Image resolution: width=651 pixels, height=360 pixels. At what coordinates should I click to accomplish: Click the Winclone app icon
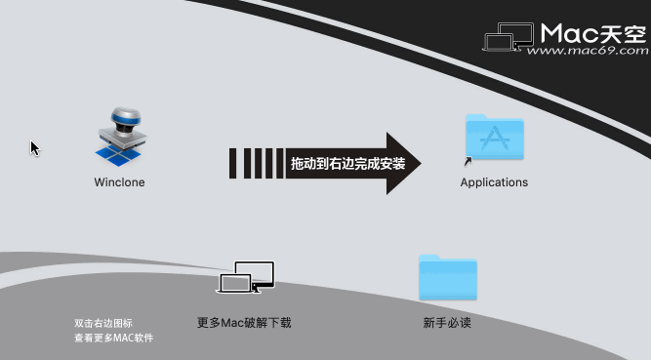(119, 138)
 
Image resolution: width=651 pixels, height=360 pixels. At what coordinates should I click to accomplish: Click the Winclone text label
(119, 182)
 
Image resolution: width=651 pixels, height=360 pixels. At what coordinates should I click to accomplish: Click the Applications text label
(494, 182)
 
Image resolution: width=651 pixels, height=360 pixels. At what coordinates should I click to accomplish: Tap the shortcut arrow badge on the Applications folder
(468, 162)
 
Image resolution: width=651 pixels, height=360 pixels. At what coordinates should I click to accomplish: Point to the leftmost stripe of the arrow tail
(234, 163)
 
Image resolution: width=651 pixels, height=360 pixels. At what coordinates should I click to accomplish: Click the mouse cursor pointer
(34, 147)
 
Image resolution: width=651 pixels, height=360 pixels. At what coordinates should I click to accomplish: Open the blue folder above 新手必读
(447, 278)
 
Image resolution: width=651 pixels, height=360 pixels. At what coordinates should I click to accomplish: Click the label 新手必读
(447, 323)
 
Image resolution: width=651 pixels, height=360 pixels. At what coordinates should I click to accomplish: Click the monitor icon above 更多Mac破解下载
(246, 278)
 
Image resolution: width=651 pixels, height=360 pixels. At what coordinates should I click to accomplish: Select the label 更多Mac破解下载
(244, 323)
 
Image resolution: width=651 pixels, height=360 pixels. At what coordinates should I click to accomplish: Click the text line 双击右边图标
(102, 323)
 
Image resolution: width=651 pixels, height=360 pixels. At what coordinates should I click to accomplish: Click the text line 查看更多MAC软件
(113, 338)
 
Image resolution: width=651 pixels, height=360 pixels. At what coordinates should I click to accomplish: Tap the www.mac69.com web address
(593, 53)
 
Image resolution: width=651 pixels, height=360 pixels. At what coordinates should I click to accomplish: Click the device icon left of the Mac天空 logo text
(509, 38)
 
